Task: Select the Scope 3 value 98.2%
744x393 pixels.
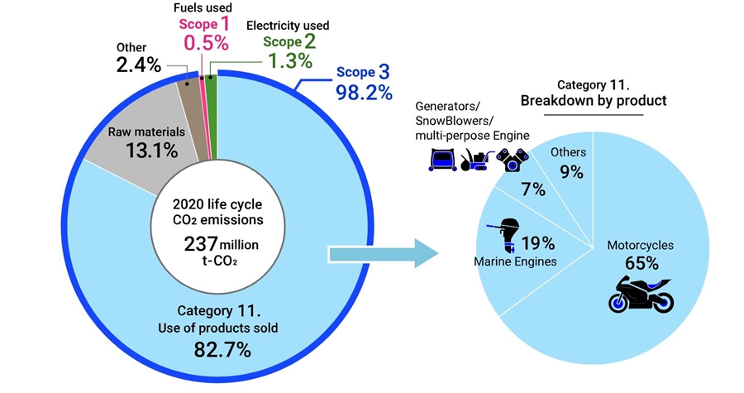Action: point(363,92)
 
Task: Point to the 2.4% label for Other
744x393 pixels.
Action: point(138,65)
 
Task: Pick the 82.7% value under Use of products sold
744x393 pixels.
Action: point(221,350)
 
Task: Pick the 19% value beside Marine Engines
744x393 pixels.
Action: point(538,242)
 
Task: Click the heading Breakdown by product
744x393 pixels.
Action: point(593,100)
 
